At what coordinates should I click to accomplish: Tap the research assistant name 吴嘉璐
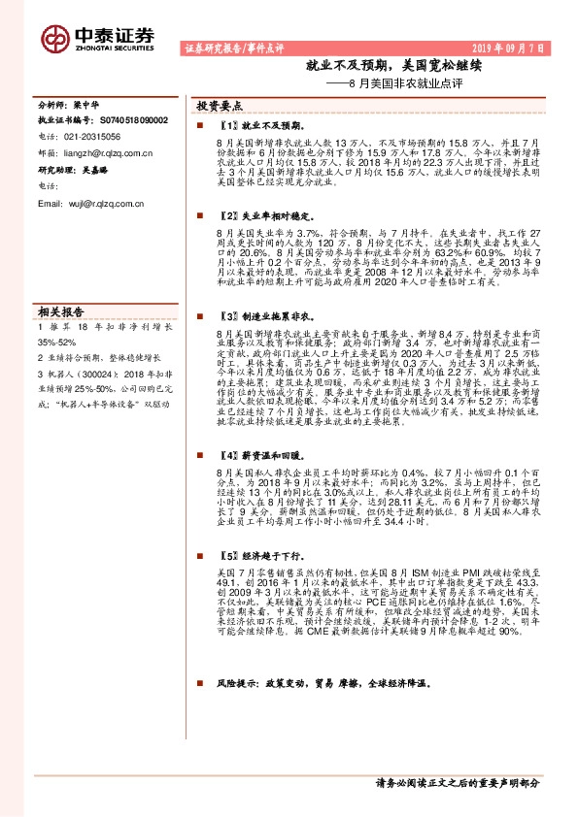click(x=95, y=169)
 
